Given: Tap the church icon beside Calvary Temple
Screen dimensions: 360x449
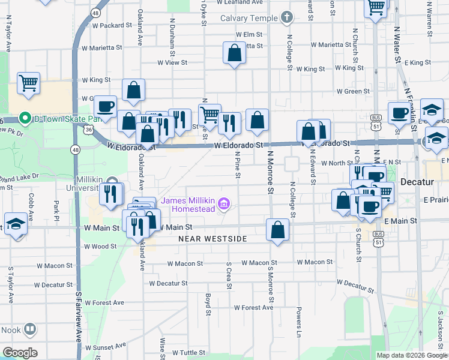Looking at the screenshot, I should point(287,17).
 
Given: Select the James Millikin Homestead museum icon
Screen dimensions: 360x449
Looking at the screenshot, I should point(224,204).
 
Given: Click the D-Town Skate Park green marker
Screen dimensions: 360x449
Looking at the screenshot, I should point(25,118).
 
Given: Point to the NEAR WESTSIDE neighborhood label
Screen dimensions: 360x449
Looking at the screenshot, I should point(212,239).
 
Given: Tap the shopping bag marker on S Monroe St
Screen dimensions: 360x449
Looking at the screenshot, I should point(277,230).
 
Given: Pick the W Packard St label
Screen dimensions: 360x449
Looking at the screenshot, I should point(112,25).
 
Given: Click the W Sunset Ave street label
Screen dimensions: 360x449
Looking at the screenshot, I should point(106,346).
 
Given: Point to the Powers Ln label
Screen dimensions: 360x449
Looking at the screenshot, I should point(298,321).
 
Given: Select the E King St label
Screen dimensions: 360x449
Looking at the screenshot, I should point(417,62).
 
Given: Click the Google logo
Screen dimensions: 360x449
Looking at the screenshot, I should point(20,353).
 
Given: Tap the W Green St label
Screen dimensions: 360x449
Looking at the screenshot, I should point(353,91).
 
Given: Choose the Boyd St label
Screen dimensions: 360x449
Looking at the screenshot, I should point(208,304).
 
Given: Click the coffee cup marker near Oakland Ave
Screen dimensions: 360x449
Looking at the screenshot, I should point(106,107).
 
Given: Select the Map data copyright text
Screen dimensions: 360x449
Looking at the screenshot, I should point(412,355).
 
